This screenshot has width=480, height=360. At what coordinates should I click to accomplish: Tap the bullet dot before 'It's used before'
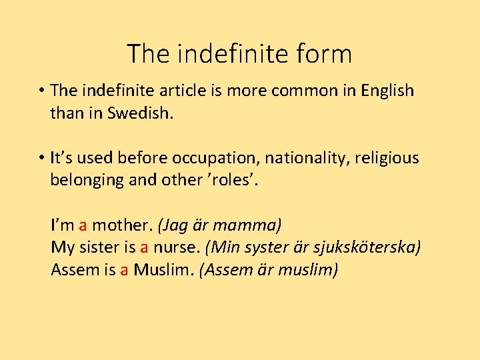click(41, 159)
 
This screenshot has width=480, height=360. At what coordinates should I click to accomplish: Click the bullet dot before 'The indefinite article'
click(41, 91)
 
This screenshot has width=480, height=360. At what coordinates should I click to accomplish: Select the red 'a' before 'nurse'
click(144, 248)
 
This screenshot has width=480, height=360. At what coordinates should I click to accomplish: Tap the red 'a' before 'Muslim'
click(124, 270)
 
